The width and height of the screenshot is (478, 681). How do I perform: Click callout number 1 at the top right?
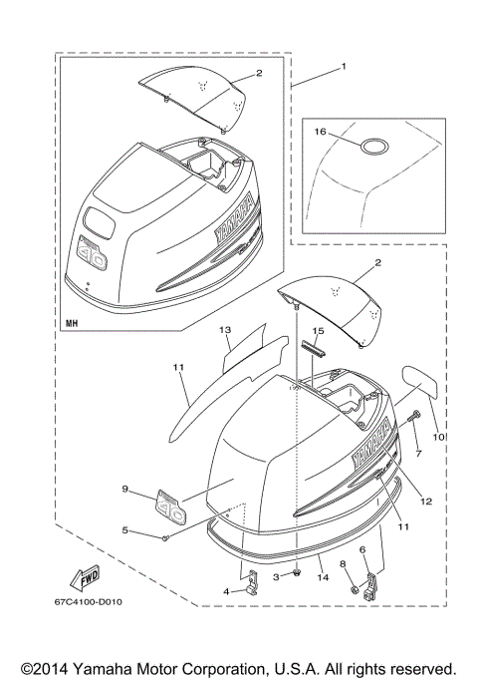tap(344, 67)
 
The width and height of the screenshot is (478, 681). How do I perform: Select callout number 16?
tap(320, 130)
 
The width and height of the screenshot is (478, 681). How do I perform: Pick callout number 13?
tap(224, 328)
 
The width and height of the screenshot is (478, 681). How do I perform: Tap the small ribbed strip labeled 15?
tap(316, 347)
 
